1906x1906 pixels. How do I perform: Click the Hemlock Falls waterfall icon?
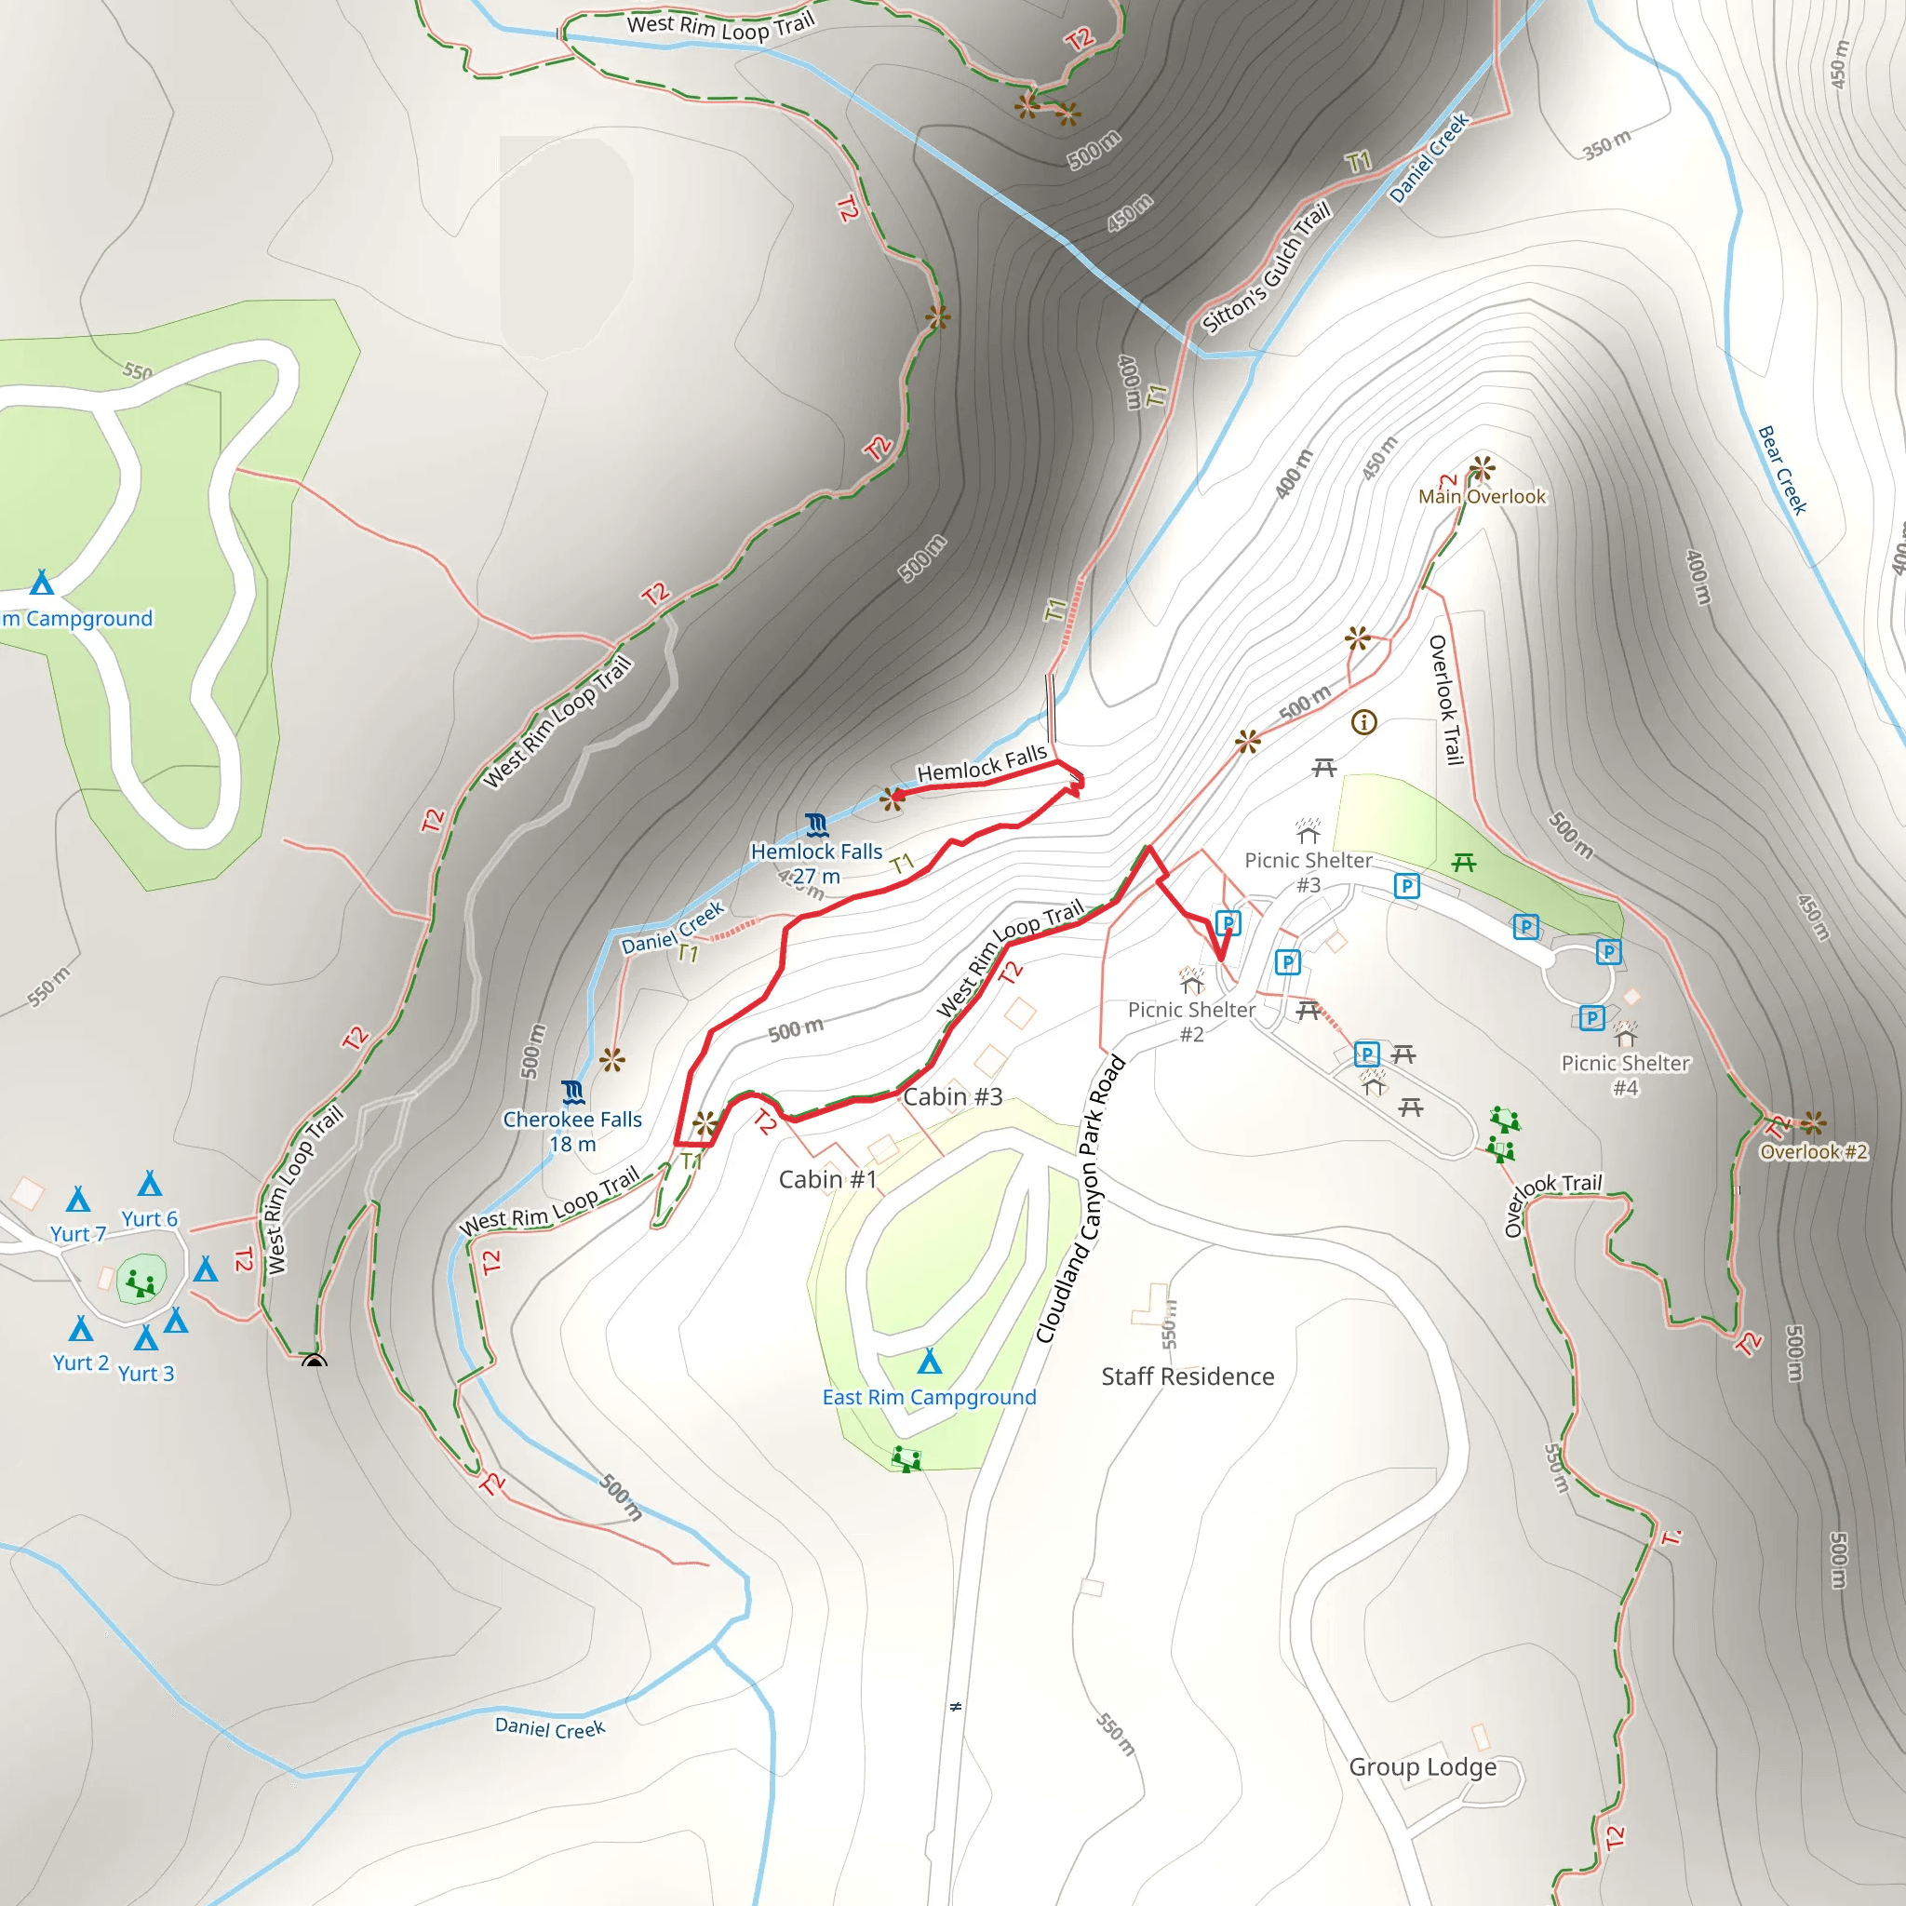coord(816,824)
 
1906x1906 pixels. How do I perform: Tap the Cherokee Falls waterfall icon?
coord(573,1092)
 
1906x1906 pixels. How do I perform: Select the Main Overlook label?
coord(1482,496)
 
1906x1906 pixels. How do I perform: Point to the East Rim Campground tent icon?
coord(930,1362)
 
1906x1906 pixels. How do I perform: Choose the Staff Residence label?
coord(1188,1376)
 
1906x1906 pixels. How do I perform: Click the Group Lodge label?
coord(1423,1767)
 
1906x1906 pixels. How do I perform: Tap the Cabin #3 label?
coord(953,1097)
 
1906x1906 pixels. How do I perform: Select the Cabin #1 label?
coord(827,1180)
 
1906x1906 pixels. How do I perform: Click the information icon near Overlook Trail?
coord(1363,722)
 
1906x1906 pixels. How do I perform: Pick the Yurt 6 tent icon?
coord(150,1183)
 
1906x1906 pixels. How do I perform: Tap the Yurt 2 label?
coord(81,1362)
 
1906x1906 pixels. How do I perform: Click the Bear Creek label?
coord(1782,471)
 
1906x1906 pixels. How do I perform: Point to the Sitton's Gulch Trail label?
coord(1267,266)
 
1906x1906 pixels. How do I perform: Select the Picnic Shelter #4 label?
coord(1625,1075)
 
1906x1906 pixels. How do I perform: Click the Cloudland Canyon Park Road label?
coord(1081,1199)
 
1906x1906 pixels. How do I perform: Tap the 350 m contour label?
coord(1607,144)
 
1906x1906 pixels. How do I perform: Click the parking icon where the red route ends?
coord(1228,923)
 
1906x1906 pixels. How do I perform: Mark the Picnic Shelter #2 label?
coord(1192,1022)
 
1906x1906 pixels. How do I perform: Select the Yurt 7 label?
coord(78,1234)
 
